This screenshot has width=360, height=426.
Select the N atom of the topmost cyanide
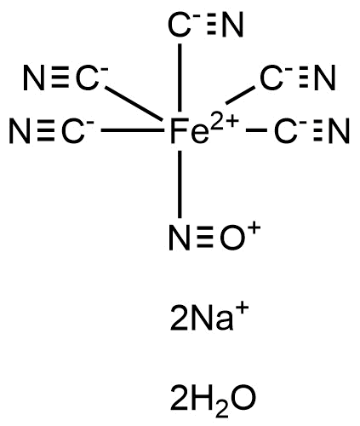tap(233, 25)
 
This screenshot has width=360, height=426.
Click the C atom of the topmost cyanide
tap(179, 25)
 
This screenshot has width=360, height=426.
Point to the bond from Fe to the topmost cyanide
tap(180, 78)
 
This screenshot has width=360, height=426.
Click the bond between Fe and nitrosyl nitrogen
tap(180, 184)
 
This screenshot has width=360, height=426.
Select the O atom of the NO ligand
tap(232, 238)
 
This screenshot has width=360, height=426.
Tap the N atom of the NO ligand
tap(180, 238)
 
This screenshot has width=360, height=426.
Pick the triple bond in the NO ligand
tap(205, 238)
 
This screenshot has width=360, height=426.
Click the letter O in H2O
tap(240, 398)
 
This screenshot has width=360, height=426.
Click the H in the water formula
tap(201, 398)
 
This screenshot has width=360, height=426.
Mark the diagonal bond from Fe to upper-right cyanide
tap(240, 95)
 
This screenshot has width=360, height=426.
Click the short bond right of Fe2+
tap(257, 130)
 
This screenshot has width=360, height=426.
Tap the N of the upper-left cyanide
tap(34, 78)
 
